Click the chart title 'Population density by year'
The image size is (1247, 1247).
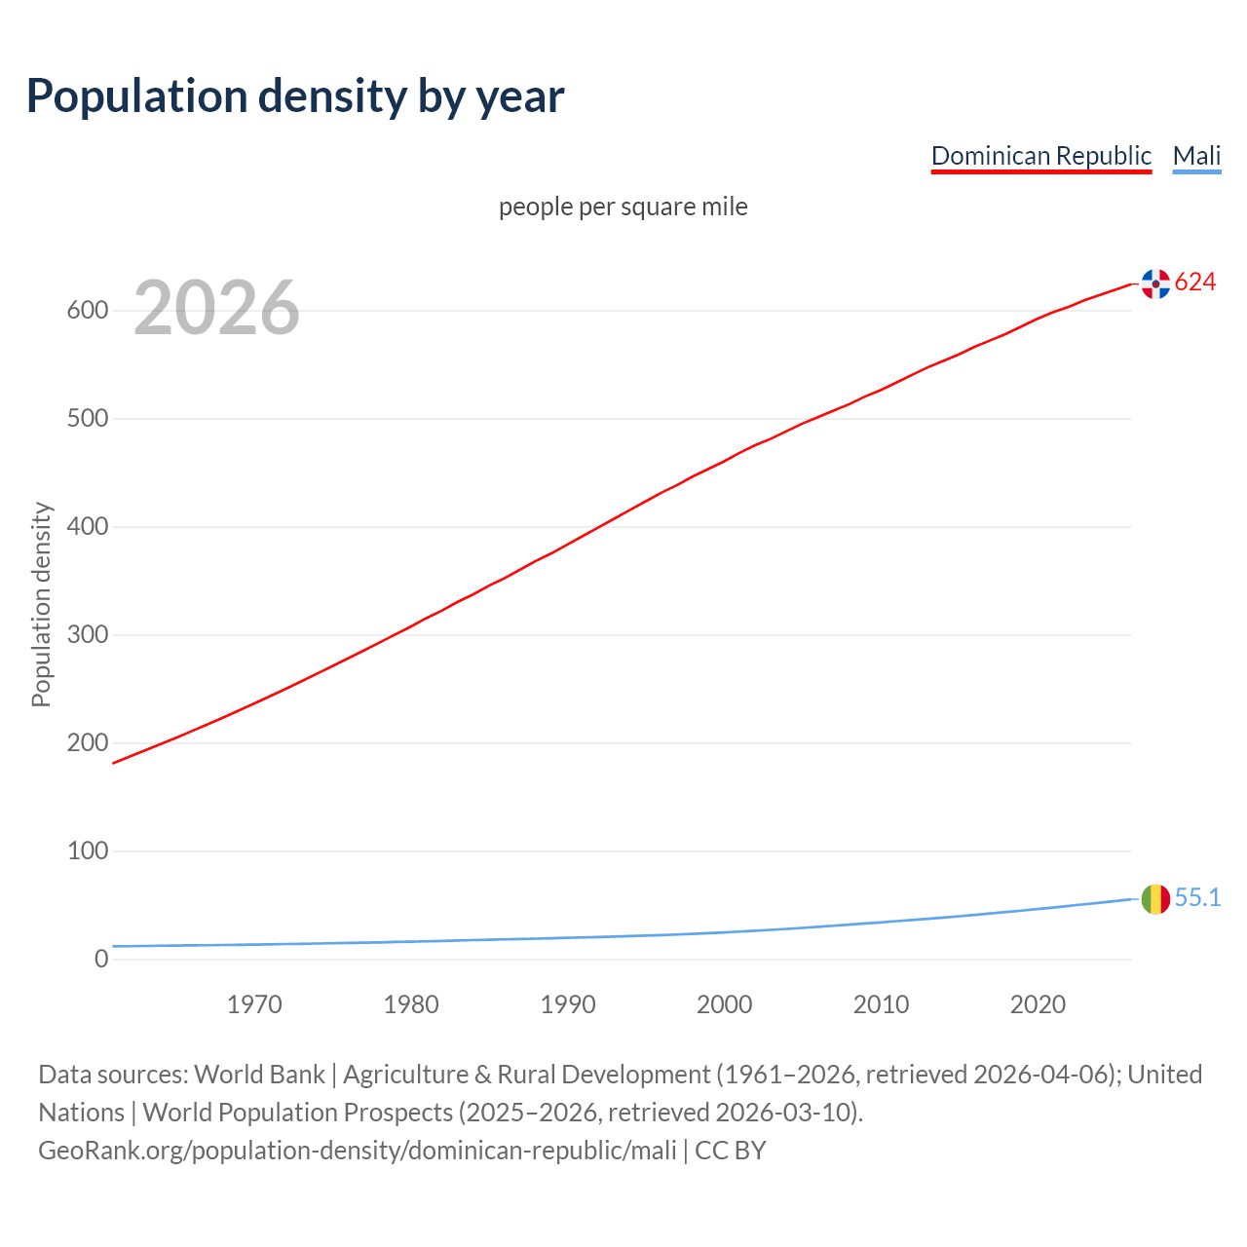tap(295, 96)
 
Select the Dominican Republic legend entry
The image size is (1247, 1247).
tap(1040, 156)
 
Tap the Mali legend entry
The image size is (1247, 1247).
tap(1196, 156)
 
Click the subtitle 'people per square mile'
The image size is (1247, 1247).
tap(623, 207)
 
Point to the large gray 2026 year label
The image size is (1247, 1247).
tap(216, 308)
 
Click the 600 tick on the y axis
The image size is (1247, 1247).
tap(87, 311)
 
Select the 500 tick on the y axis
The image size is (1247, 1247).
tap(87, 419)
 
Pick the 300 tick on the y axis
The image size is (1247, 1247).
tap(87, 635)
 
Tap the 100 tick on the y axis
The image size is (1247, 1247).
tap(87, 851)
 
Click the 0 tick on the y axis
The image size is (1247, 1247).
tap(101, 960)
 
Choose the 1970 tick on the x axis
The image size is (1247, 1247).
tap(254, 1004)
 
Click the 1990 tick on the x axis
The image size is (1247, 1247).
tap(568, 1004)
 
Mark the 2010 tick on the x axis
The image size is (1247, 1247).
tap(881, 1004)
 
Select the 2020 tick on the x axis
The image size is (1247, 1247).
tap(1038, 1004)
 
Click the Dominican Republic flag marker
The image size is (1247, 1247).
tap(1155, 283)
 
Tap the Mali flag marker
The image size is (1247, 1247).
tap(1155, 898)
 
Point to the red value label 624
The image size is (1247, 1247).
tap(1195, 283)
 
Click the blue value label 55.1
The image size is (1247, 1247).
tap(1197, 898)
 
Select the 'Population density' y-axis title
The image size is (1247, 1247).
tap(41, 604)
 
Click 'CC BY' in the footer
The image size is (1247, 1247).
tap(731, 1151)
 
